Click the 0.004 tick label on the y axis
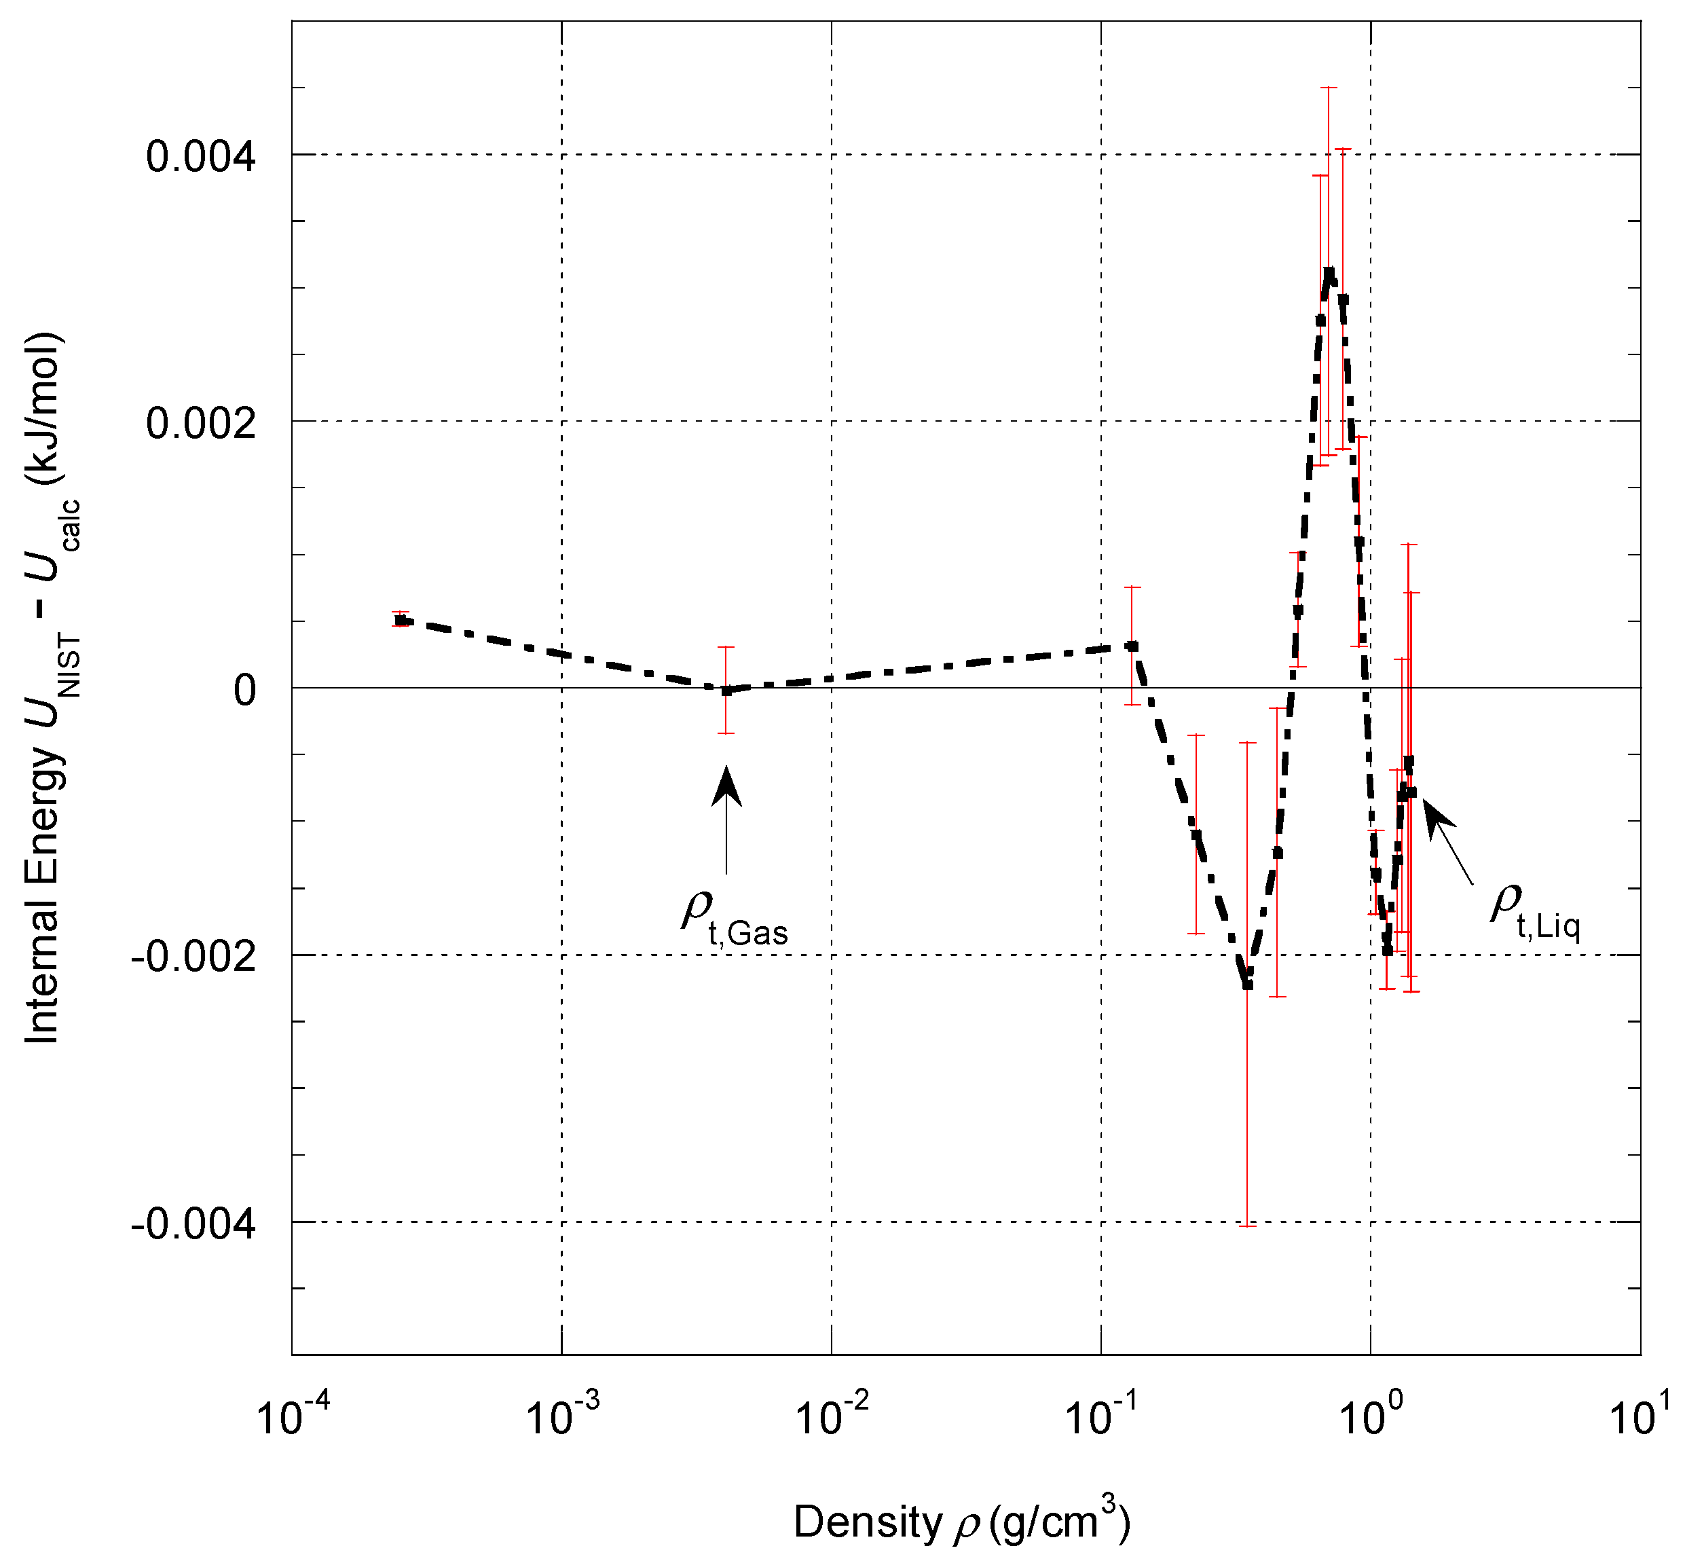pyautogui.click(x=200, y=157)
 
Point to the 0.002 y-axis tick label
pyautogui.click(x=200, y=423)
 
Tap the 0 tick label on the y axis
pyautogui.click(x=244, y=690)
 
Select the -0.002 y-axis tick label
pyautogui.click(x=193, y=957)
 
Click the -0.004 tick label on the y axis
pyautogui.click(x=193, y=1224)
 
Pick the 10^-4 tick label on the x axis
pyautogui.click(x=292, y=1416)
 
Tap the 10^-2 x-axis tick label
pyautogui.click(x=832, y=1416)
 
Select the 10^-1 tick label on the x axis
pyautogui.click(x=1100, y=1416)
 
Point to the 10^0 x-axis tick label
pyautogui.click(x=1371, y=1416)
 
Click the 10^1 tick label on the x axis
pyautogui.click(x=1640, y=1416)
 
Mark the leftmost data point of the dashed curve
pyautogui.click(x=401, y=620)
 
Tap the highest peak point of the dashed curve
pyautogui.click(x=1329, y=274)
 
